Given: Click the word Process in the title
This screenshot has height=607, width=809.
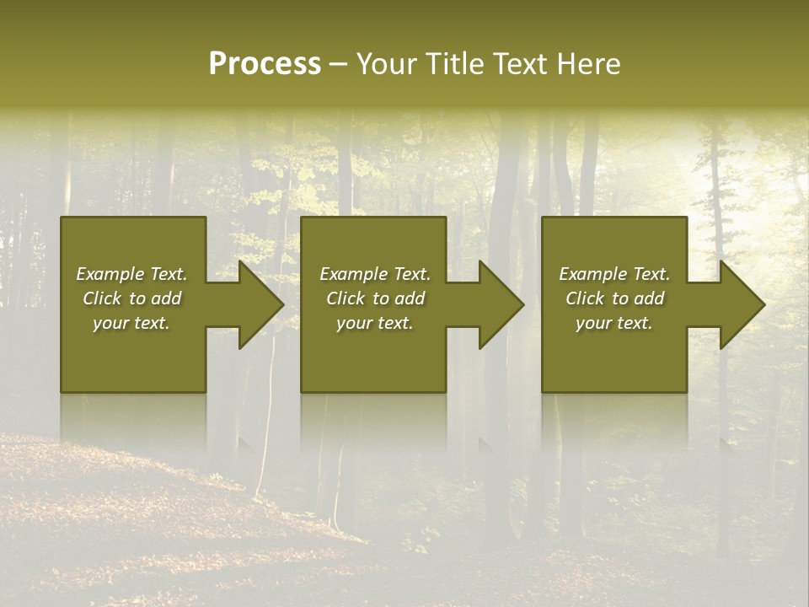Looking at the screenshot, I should click(265, 64).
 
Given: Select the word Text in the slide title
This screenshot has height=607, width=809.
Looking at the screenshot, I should click(521, 64).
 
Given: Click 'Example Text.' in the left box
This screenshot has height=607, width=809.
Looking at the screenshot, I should click(131, 274).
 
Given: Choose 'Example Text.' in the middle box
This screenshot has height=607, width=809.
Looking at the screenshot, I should click(375, 274).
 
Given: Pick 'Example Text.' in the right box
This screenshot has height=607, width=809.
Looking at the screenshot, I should click(614, 274).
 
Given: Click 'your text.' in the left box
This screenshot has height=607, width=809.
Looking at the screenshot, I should click(131, 323).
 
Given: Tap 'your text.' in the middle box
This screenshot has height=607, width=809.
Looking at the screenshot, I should click(375, 323).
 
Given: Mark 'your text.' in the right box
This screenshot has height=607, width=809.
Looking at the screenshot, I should click(614, 323).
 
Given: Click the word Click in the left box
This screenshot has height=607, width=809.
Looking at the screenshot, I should click(103, 298).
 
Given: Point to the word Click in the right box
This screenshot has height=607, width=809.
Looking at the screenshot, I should click(586, 298).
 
